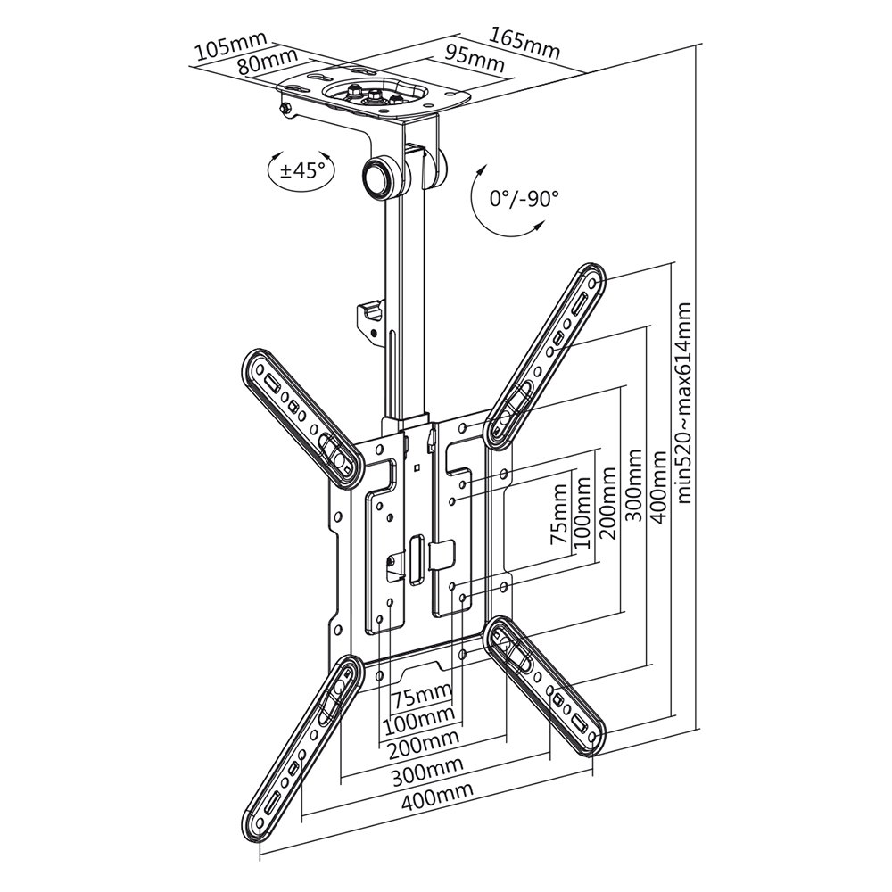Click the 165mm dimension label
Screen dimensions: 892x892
tap(525, 44)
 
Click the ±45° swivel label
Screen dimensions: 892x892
tap(302, 170)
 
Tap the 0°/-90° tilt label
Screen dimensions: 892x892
tap(524, 198)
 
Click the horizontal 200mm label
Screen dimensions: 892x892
tap(420, 739)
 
